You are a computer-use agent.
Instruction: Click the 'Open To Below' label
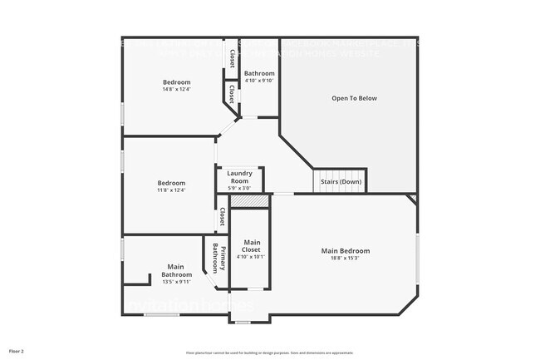354,98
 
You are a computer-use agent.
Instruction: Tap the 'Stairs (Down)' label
339,181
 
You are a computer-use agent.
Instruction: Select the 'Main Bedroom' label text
345,250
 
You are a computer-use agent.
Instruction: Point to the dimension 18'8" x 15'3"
345,258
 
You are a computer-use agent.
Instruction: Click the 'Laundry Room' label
239,177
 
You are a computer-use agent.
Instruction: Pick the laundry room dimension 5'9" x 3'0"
239,188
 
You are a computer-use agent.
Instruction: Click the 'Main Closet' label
252,245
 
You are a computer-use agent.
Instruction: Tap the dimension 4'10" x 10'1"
252,257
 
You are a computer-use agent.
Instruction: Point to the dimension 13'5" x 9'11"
176,282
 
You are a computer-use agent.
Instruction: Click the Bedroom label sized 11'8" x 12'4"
171,183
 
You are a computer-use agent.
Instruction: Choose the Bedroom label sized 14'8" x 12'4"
176,81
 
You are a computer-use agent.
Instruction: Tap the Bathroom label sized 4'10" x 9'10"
259,74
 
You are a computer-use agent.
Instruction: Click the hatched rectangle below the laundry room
249,201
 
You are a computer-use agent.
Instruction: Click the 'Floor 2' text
17,352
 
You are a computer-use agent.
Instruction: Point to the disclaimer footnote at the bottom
269,353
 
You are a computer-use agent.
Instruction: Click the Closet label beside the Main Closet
222,217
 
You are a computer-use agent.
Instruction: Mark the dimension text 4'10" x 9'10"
259,81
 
